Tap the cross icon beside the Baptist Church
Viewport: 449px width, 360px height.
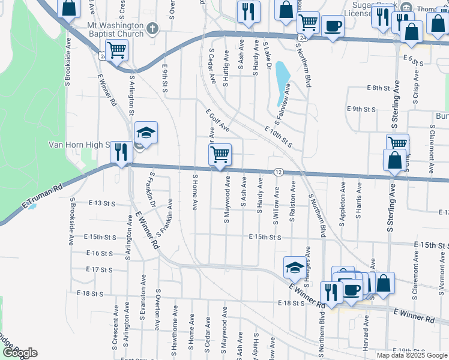(153, 27)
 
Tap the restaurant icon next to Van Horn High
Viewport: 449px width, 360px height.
(121, 151)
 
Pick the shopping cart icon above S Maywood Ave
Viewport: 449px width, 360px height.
(220, 154)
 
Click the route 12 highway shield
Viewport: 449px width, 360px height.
(279, 172)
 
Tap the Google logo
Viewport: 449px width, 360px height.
(20, 353)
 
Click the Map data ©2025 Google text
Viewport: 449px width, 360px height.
(412, 355)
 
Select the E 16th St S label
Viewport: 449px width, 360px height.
(99, 254)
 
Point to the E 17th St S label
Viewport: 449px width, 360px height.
(99, 269)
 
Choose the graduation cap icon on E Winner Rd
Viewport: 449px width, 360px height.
(295, 268)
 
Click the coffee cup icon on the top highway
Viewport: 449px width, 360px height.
(333, 26)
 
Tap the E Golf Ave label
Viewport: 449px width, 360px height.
(217, 120)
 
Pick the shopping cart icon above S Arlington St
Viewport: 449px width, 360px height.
(116, 51)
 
